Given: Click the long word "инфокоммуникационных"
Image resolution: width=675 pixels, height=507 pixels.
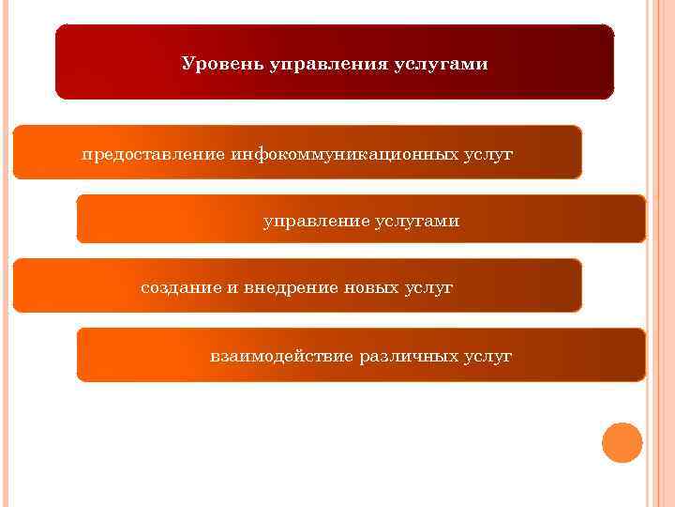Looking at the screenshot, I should pos(344,153).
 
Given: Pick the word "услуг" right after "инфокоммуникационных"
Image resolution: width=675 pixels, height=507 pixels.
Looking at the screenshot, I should pos(488,153).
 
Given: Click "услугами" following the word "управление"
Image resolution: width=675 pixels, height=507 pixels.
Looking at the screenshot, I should pos(417,222).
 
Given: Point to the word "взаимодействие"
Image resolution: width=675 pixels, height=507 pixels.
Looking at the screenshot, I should pos(281,357).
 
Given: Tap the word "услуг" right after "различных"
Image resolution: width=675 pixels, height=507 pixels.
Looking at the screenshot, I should pos(487,357).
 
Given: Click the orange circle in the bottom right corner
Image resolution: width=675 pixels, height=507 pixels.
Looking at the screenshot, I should pos(622,442).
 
